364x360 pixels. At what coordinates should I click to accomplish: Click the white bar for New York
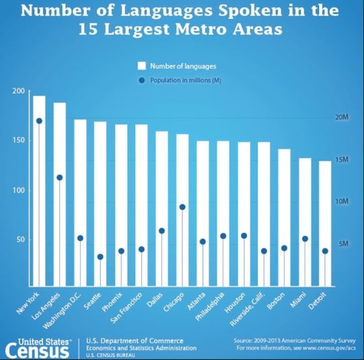click(39, 191)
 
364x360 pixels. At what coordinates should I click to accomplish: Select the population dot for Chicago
click(183, 207)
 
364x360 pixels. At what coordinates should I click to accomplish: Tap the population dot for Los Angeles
click(60, 177)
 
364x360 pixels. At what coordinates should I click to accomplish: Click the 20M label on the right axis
click(342, 117)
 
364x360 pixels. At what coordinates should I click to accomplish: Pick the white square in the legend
click(141, 66)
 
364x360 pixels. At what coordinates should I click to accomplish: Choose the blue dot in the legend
click(141, 81)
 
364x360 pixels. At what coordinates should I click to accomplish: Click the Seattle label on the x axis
click(92, 301)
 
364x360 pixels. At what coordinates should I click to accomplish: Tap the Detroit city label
click(318, 301)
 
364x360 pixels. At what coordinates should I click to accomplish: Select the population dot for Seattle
click(100, 257)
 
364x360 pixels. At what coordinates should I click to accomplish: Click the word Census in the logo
click(37, 351)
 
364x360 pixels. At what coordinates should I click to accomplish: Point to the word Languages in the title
click(166, 10)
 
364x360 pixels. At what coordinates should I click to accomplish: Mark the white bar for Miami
click(305, 222)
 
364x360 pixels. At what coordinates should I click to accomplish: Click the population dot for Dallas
click(162, 230)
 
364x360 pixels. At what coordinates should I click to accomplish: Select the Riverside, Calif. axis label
click(248, 310)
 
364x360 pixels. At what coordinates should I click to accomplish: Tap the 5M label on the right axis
click(343, 243)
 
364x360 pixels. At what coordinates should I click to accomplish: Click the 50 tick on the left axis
click(20, 240)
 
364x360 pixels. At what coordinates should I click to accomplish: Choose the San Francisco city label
click(126, 308)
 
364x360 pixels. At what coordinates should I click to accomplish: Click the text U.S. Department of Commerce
click(135, 341)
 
